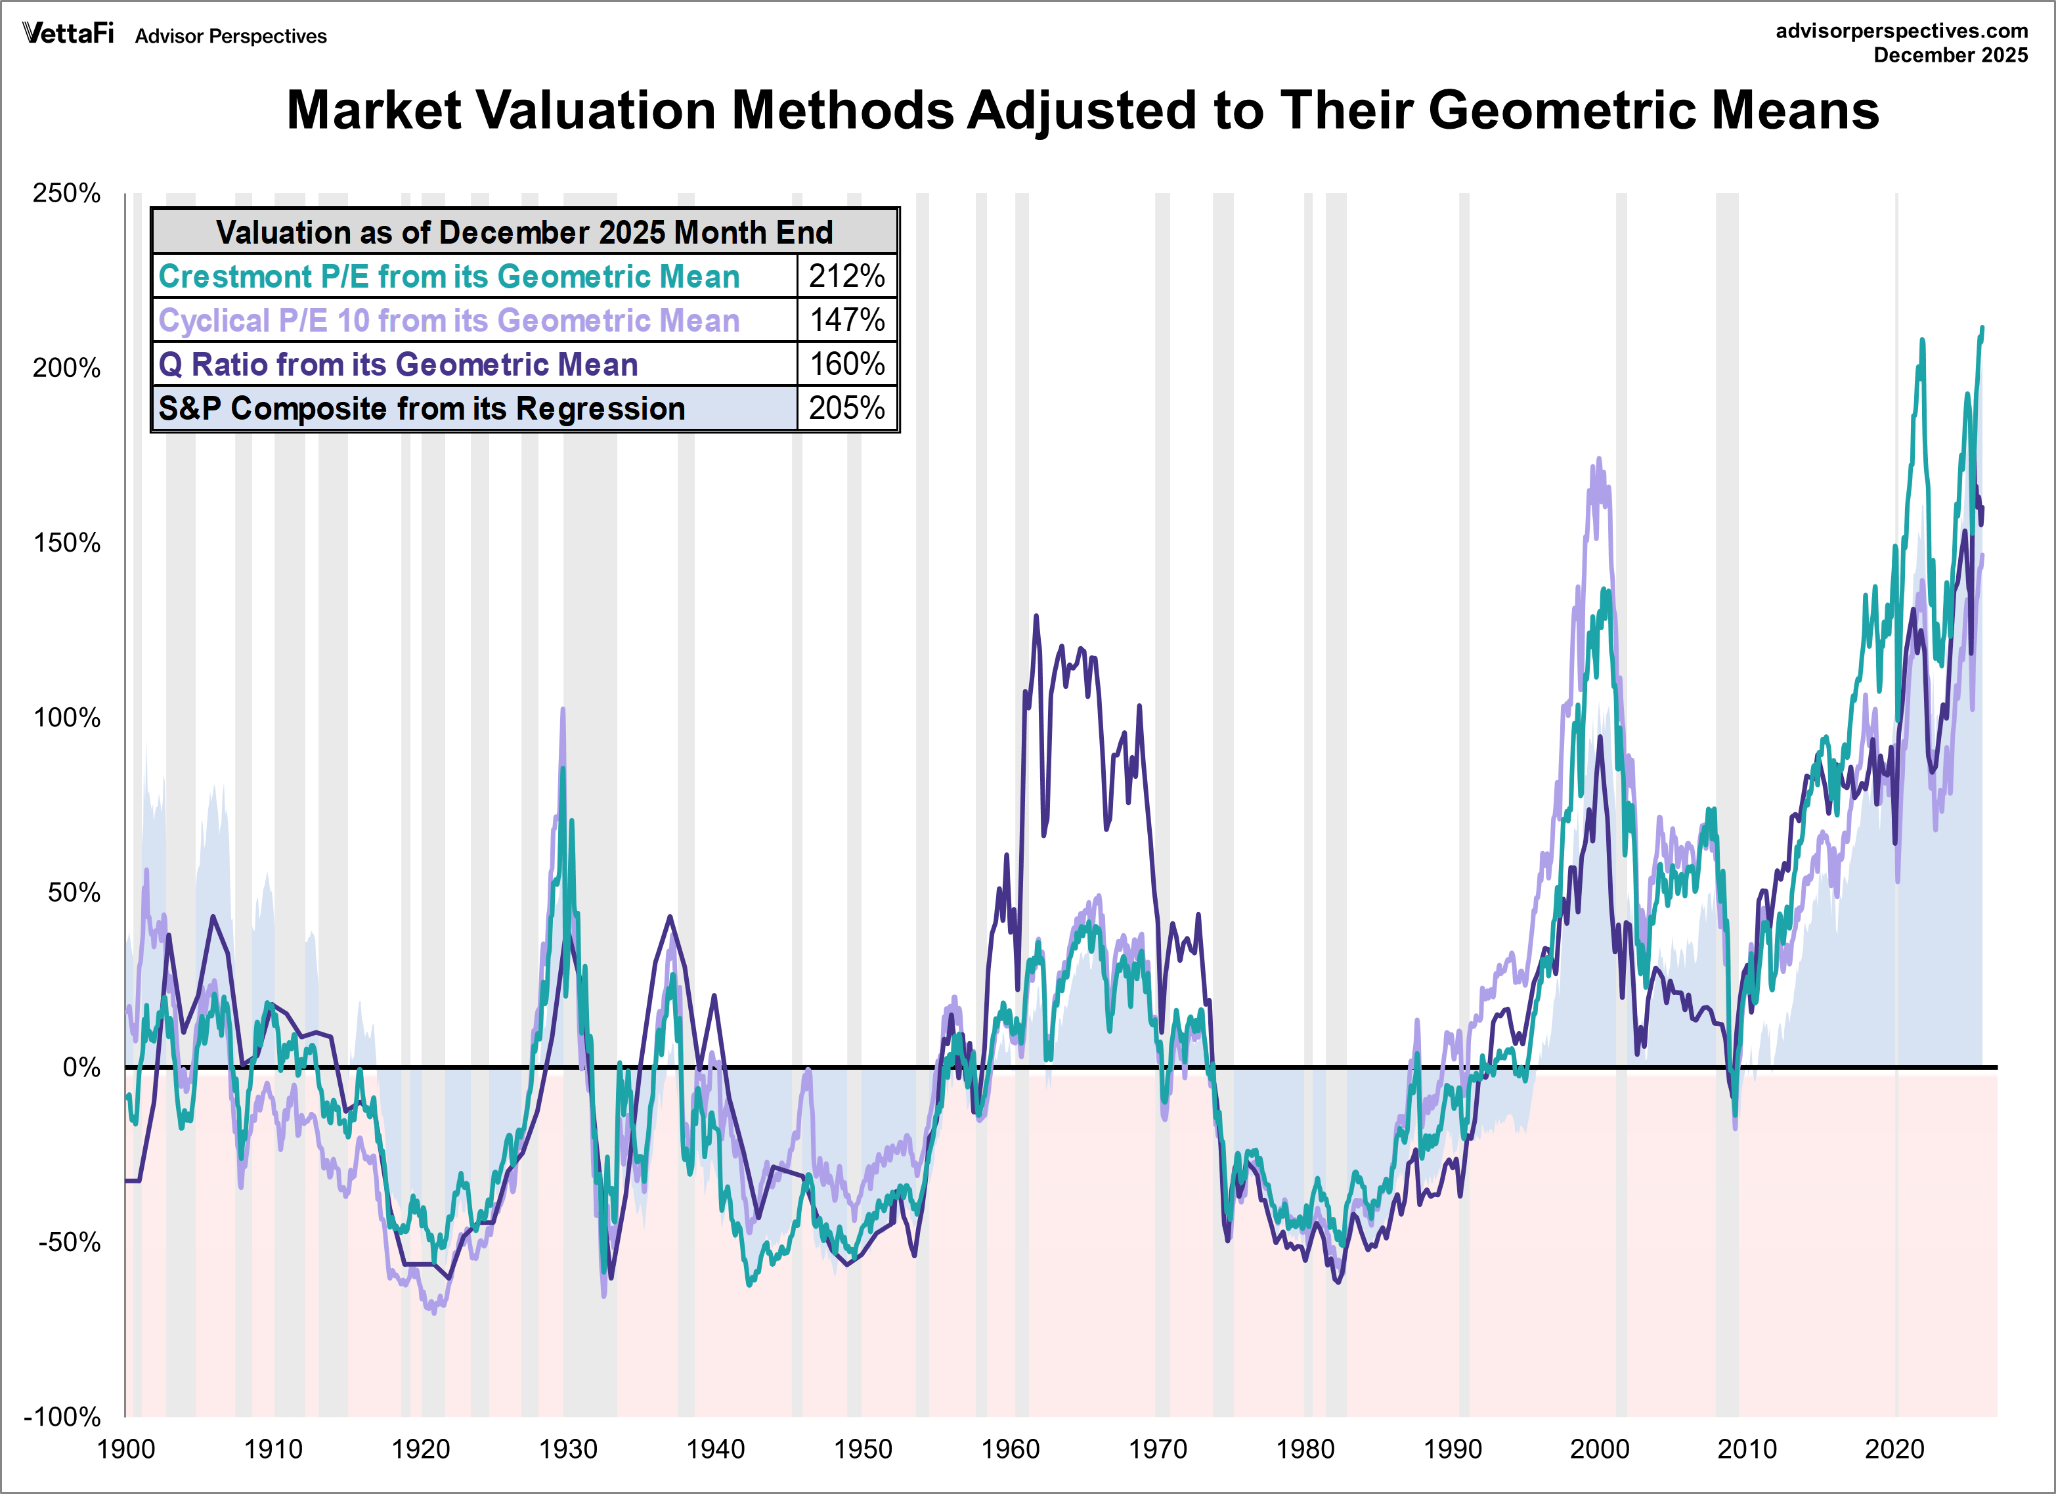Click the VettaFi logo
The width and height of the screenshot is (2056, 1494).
[68, 33]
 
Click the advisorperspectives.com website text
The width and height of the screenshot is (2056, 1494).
[1901, 31]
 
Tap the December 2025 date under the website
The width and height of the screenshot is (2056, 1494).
[1950, 55]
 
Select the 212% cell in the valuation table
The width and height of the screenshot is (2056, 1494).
[846, 276]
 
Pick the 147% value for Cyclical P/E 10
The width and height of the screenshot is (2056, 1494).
[846, 320]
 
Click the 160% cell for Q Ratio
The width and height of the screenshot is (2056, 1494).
[846, 364]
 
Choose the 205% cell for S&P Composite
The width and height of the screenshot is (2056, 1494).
[846, 408]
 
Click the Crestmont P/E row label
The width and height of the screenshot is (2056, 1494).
[448, 276]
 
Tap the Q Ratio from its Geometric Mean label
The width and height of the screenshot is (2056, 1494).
[398, 364]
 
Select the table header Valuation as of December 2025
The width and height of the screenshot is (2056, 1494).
[524, 232]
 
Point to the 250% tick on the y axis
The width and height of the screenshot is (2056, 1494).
[66, 193]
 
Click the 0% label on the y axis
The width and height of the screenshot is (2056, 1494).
[81, 1067]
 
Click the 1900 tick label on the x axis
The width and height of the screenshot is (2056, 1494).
[126, 1449]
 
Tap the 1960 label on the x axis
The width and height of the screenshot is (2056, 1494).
[1010, 1449]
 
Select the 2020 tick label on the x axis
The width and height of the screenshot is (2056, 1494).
[1894, 1449]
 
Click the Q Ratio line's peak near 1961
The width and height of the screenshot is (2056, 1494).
[1036, 617]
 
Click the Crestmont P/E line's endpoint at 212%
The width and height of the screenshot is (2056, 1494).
[1982, 328]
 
